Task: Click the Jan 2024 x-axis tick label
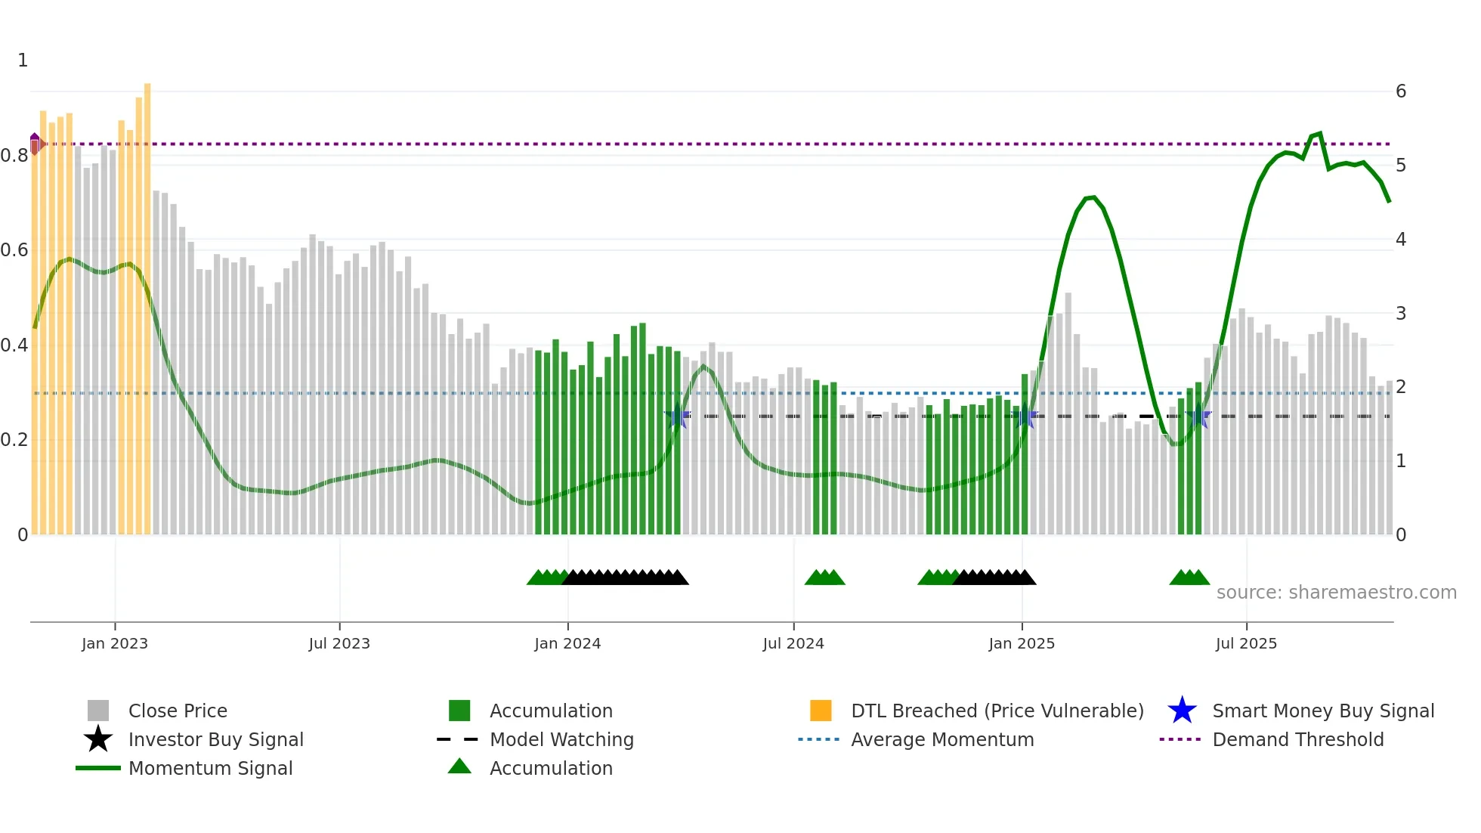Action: click(567, 643)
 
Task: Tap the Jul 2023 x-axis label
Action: click(339, 643)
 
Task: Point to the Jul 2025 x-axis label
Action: click(1246, 643)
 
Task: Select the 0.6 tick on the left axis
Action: click(15, 250)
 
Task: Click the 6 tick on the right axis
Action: click(1401, 91)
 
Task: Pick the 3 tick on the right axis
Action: click(1401, 313)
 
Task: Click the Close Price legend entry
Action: click(178, 711)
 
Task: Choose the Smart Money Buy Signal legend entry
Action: click(1322, 711)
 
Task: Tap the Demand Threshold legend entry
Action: click(1297, 739)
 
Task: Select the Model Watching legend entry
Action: click(561, 739)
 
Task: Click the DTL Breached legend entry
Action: click(997, 711)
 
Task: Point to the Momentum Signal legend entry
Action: click(210, 768)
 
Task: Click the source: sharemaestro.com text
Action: click(1336, 593)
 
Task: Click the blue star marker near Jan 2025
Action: click(1026, 416)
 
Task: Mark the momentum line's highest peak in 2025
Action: click(1319, 134)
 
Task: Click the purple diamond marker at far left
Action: click(35, 143)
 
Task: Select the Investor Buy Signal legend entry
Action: click(215, 739)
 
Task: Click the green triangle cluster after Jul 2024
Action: click(824, 578)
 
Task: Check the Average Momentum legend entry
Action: click(942, 739)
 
